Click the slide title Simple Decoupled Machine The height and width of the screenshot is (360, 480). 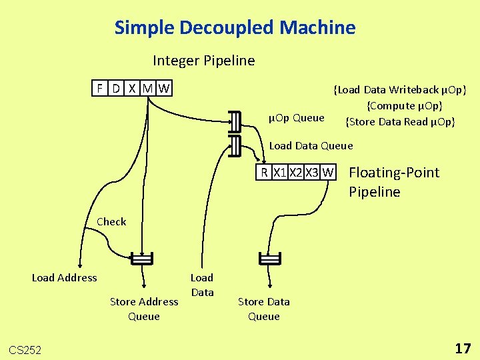point(235,28)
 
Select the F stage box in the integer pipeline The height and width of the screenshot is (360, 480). point(100,88)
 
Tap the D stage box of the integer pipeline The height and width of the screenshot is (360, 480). point(116,88)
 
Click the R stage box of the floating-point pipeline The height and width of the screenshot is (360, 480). point(265,172)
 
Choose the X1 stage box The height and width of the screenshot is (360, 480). point(280,172)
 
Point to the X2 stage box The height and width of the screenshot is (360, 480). point(296,172)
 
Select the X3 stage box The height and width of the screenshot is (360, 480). point(312,172)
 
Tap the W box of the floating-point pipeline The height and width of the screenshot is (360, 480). point(327,172)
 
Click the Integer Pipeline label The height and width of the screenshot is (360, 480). point(203,61)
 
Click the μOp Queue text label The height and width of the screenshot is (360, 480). point(296,118)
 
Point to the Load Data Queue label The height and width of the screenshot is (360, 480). point(311,145)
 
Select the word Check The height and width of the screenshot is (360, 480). point(111,221)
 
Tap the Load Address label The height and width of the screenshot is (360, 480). point(65,277)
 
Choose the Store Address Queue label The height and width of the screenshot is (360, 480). point(144,309)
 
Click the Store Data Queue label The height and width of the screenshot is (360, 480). point(264,309)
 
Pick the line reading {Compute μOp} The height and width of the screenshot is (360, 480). point(404,105)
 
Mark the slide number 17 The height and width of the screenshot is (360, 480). point(463,348)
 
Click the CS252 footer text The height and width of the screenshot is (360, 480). point(25,349)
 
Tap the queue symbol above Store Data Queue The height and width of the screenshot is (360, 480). point(269,259)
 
